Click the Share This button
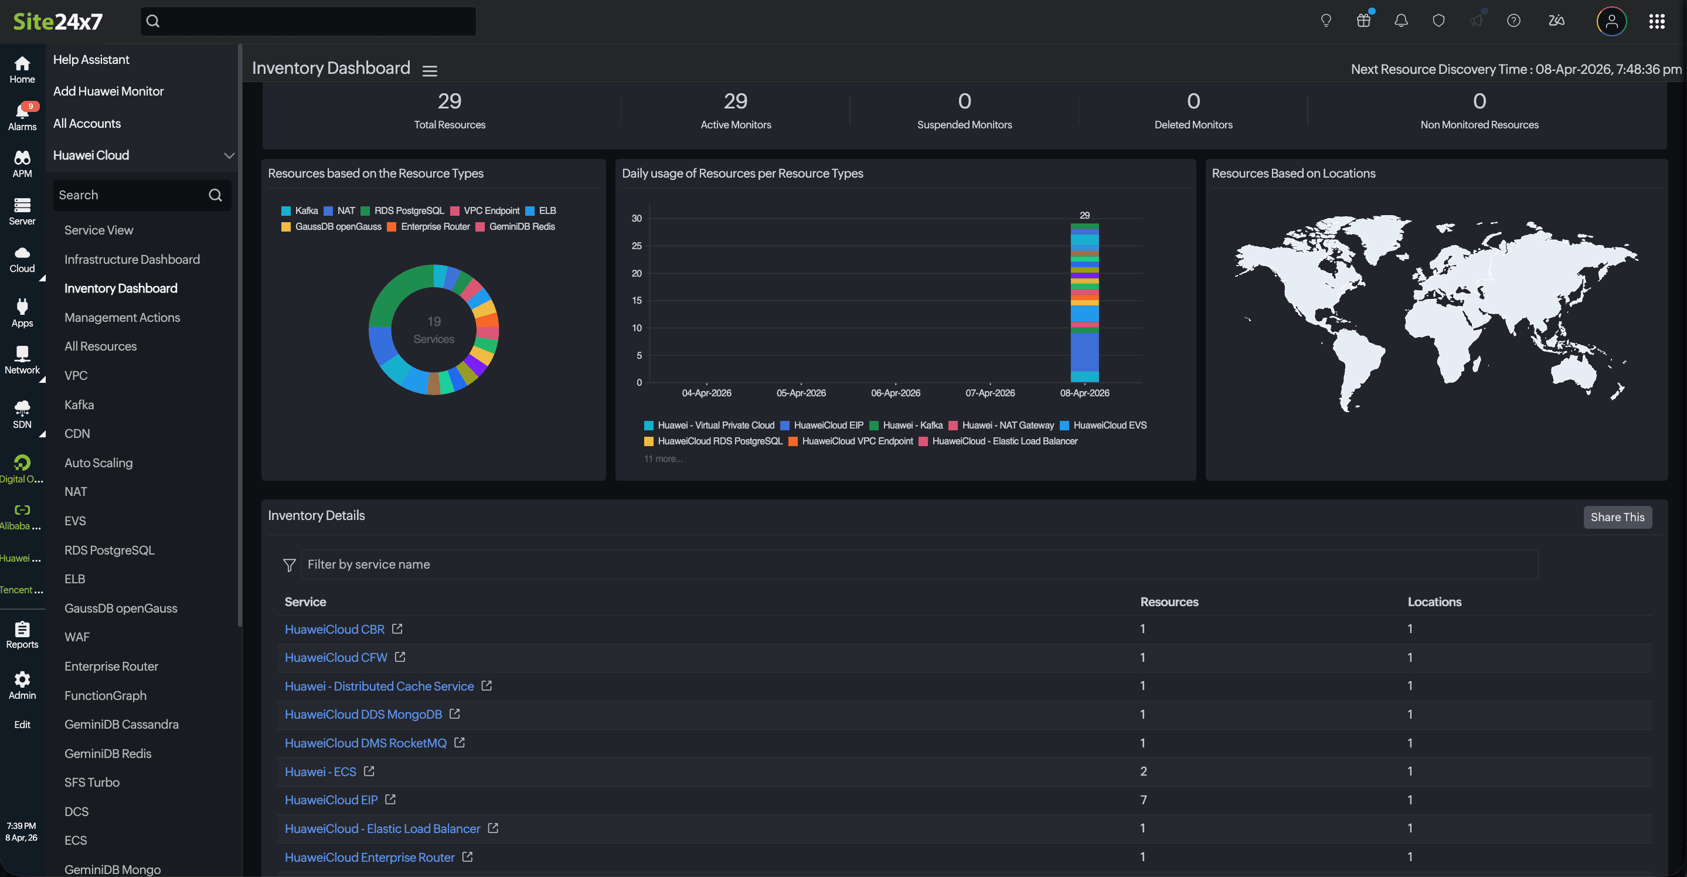coord(1617,517)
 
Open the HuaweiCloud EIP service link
coord(331,800)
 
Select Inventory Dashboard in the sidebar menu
coord(121,288)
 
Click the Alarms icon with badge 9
coord(22,115)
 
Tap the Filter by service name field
coord(917,564)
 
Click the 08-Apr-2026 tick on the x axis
coord(1084,392)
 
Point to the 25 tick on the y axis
coord(637,246)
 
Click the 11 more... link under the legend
coord(663,458)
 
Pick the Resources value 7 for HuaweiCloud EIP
coord(1144,800)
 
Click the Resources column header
coord(1169,601)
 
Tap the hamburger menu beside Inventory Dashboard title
coord(430,71)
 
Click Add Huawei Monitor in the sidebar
coord(108,91)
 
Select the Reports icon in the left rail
coord(22,634)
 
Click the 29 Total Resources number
coord(449,101)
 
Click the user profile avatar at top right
coord(1611,21)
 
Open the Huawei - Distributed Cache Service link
coord(379,686)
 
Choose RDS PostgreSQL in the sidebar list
coord(110,549)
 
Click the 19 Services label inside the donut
coord(434,330)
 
